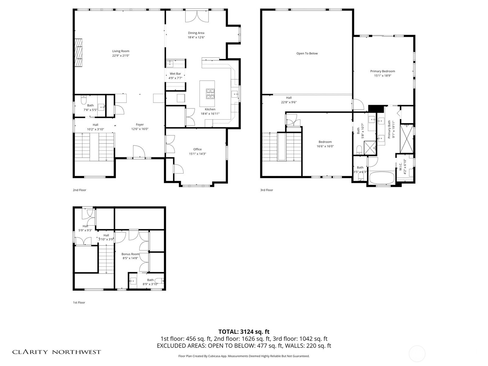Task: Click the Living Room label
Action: (121, 51)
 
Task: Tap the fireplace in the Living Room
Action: (79, 52)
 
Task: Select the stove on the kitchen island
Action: (210, 94)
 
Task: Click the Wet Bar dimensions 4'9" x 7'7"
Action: (175, 78)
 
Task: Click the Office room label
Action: (197, 149)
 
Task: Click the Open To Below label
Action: (307, 53)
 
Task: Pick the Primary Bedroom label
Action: (382, 71)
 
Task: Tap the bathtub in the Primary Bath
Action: (382, 178)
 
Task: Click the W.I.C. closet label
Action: (400, 164)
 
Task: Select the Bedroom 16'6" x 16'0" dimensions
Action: (325, 146)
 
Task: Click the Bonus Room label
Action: (130, 254)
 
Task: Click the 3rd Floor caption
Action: (267, 190)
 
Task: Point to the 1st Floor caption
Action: (79, 303)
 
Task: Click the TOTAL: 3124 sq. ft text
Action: (244, 332)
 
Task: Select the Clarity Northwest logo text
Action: (56, 352)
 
